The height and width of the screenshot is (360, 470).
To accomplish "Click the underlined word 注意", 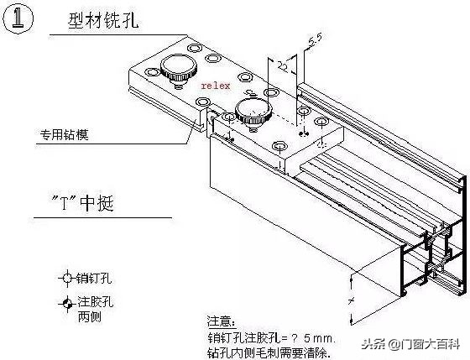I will click(x=222, y=321).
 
